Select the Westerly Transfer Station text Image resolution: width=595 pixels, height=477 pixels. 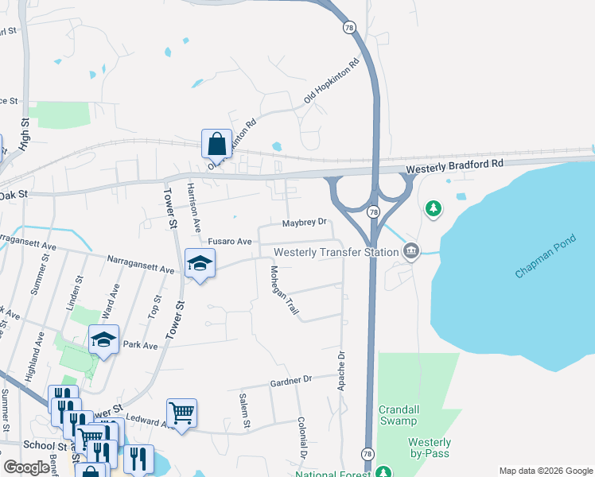pos(336,253)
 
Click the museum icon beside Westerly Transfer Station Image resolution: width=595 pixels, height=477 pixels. pos(410,251)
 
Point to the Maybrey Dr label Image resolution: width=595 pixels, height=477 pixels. pos(305,222)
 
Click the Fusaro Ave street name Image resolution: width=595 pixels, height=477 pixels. pos(230,241)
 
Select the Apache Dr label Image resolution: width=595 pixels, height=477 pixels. pos(341,370)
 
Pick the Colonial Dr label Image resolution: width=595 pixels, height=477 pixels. pos(302,438)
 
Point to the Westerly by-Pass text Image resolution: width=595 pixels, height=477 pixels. pos(430,448)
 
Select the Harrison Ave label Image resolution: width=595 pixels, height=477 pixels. pos(192,202)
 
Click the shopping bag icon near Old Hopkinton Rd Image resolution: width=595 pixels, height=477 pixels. pos(216,144)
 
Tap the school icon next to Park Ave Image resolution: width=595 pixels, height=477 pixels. pos(103,340)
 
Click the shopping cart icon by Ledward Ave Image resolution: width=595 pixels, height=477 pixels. pos(182,413)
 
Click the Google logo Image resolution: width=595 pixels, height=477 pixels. pos(27,467)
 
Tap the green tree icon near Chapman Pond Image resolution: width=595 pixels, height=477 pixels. pos(433,209)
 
